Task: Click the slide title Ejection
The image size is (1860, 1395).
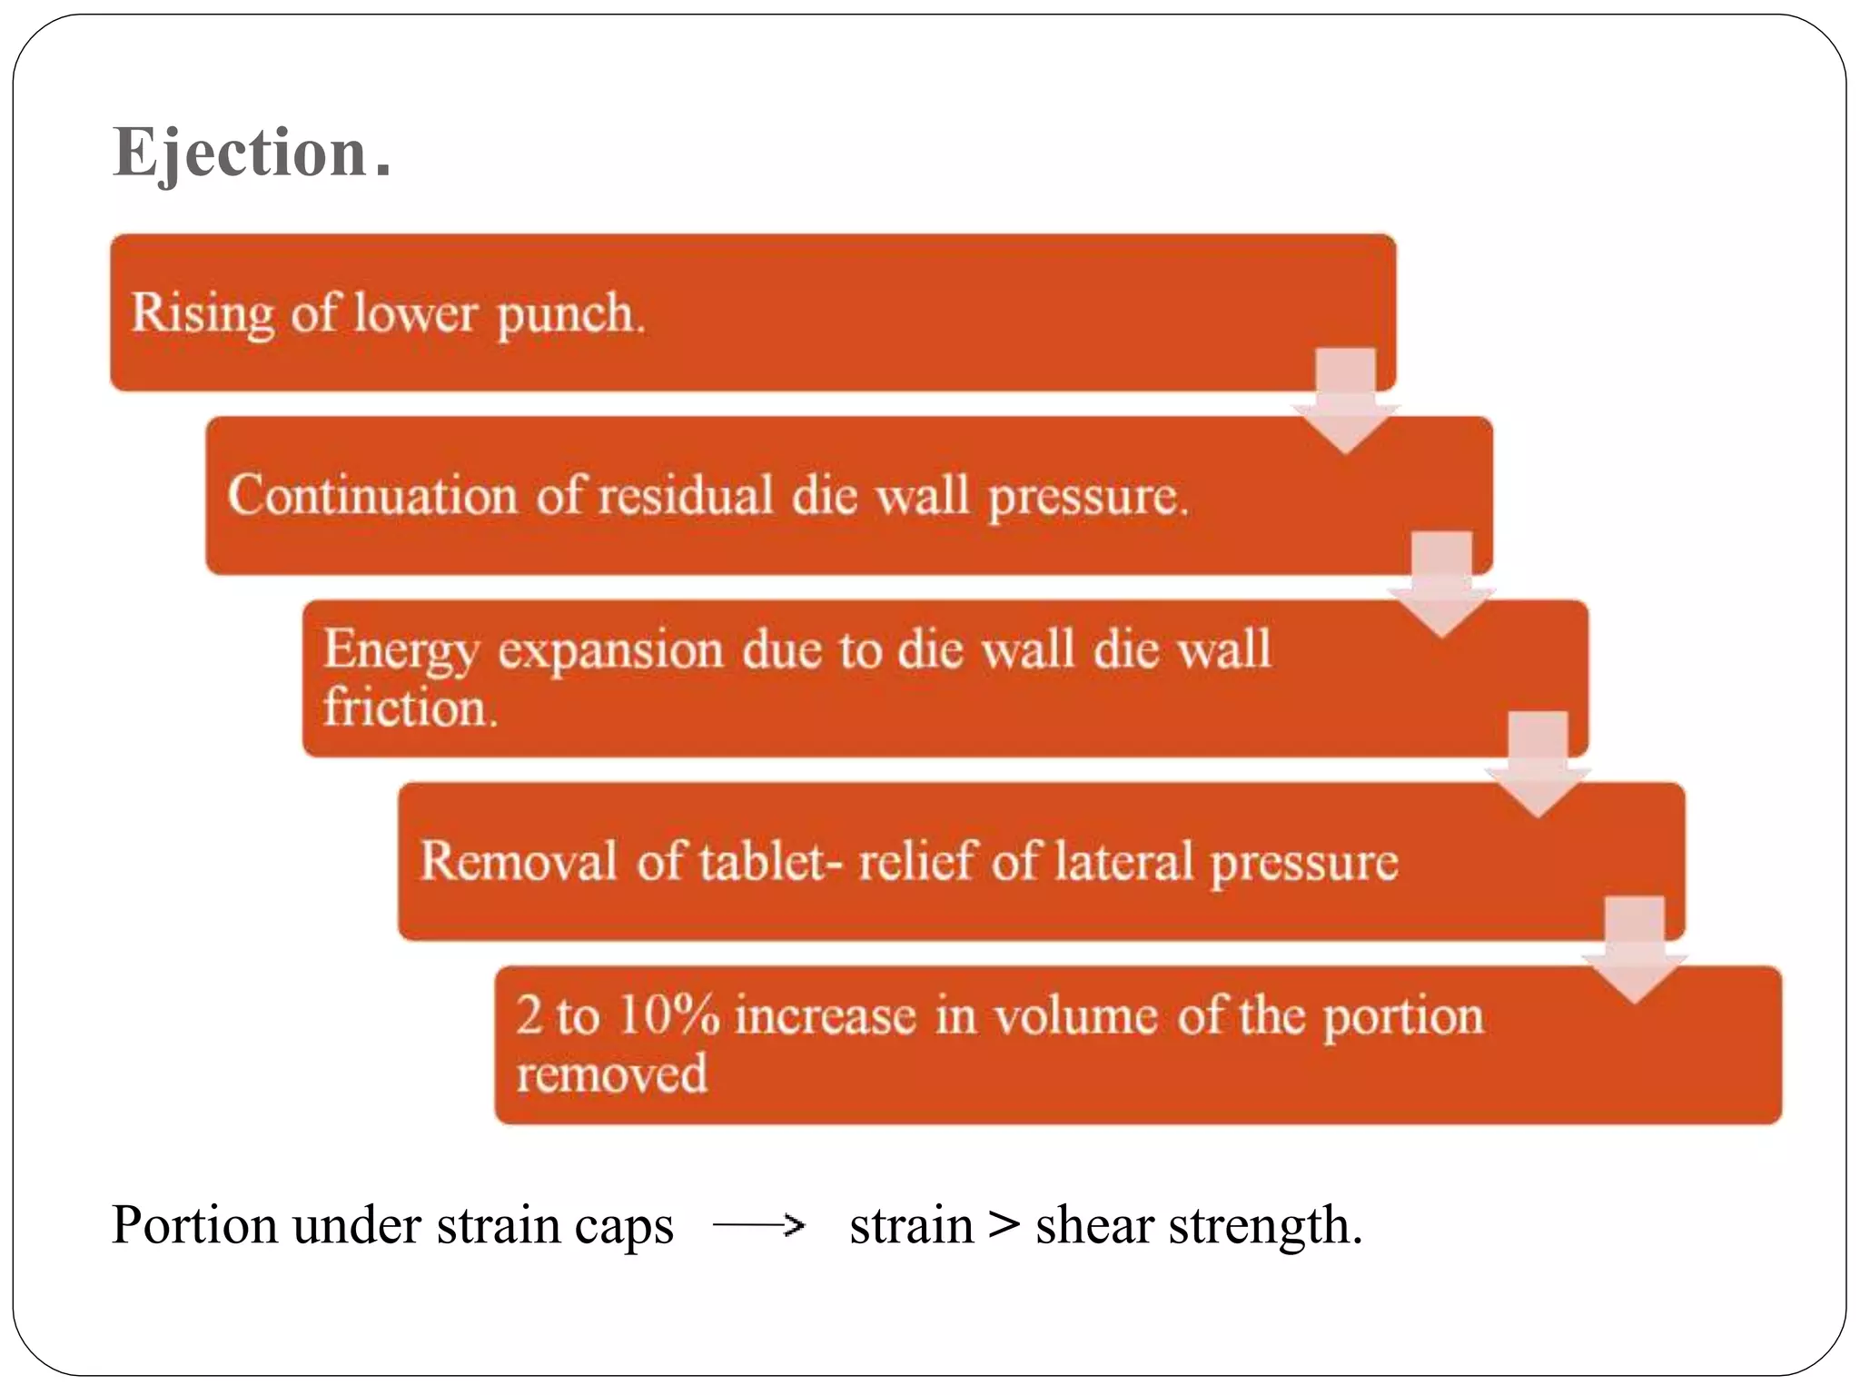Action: (x=252, y=152)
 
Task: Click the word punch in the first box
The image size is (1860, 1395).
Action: (x=569, y=314)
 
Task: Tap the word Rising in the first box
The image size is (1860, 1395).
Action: (x=202, y=314)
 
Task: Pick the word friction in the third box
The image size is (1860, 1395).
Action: (x=410, y=707)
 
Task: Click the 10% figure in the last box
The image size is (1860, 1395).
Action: (x=668, y=1014)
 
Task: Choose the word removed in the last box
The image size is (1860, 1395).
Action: (x=611, y=1074)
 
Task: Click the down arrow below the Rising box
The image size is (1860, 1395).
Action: (x=1346, y=400)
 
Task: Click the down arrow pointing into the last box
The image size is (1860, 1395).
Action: (x=1635, y=949)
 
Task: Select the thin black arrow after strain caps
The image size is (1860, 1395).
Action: (x=759, y=1226)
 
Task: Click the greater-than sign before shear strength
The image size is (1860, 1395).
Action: (x=1004, y=1225)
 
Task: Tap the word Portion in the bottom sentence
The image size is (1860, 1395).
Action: (x=194, y=1225)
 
